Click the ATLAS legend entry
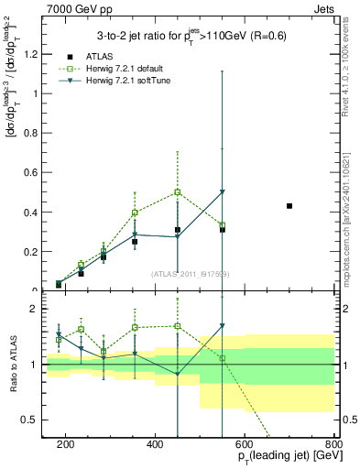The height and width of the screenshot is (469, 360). (100, 57)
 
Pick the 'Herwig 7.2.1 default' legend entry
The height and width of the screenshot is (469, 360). (127, 70)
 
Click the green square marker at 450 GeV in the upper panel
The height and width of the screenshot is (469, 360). (178, 192)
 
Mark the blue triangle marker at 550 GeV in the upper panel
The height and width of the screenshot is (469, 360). (223, 192)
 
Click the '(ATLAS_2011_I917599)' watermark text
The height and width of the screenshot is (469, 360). (191, 274)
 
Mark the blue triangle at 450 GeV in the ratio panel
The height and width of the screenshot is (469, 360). (178, 374)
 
